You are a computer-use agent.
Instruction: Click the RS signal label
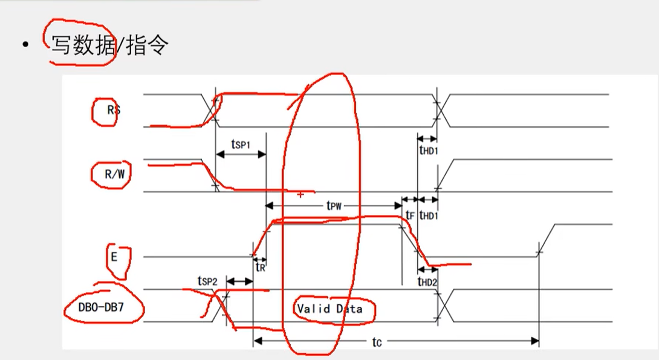tap(113, 110)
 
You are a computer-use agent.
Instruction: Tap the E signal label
tap(114, 256)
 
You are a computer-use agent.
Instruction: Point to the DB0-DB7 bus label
tap(103, 307)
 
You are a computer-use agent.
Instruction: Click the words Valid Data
tap(329, 309)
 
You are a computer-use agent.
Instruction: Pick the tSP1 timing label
tap(241, 144)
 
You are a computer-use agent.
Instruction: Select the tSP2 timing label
tap(207, 281)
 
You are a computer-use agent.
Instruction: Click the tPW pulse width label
tap(334, 206)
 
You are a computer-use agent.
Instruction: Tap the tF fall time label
tap(411, 215)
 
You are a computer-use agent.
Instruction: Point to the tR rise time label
tap(261, 266)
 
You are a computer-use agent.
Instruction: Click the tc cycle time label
tap(376, 342)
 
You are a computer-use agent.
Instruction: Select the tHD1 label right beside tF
tap(429, 215)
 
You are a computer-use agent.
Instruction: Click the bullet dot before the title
tap(25, 45)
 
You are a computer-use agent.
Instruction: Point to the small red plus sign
tap(300, 195)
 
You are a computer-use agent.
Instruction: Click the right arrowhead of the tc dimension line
tap(535, 342)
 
